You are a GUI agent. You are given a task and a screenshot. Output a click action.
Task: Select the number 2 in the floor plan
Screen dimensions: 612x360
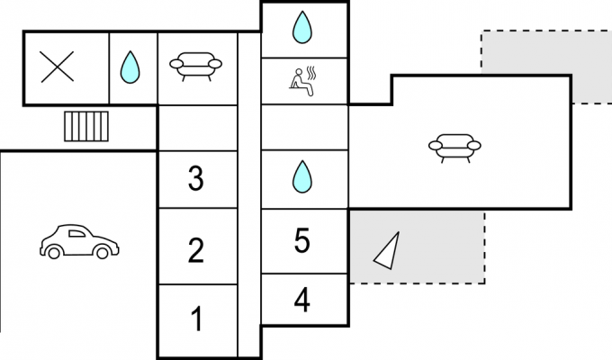point(196,250)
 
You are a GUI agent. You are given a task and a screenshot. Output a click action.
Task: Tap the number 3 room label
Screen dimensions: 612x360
point(196,177)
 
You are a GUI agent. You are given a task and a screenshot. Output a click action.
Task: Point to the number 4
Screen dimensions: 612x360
point(302,300)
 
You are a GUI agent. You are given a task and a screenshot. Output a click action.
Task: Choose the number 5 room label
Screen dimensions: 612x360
point(302,240)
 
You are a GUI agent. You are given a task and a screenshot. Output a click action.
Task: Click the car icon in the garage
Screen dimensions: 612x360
point(79,242)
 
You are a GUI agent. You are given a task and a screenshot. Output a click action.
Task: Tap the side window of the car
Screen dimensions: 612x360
point(76,234)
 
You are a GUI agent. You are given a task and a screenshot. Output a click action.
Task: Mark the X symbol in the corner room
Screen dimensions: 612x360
point(58,67)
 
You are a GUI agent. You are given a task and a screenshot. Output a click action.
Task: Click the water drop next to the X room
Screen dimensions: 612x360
point(130,67)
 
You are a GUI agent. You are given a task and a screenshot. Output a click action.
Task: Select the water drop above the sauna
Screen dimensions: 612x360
point(302,27)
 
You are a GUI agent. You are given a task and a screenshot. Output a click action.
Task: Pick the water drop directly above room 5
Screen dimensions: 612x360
point(302,177)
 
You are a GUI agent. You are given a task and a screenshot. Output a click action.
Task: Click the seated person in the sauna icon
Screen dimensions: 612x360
point(301,83)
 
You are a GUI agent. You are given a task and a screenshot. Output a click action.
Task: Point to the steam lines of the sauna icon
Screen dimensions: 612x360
point(311,73)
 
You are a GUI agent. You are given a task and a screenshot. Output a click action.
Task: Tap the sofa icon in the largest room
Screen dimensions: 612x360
point(454,148)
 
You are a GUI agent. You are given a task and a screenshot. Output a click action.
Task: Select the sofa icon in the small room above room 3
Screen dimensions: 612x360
point(195,67)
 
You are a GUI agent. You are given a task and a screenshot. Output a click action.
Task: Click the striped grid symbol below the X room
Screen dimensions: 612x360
point(86,127)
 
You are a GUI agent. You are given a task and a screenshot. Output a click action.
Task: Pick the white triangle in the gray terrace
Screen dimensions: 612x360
point(389,252)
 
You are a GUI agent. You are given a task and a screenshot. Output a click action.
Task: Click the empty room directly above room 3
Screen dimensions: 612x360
point(198,128)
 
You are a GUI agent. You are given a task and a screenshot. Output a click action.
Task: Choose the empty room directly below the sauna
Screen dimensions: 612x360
point(304,127)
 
